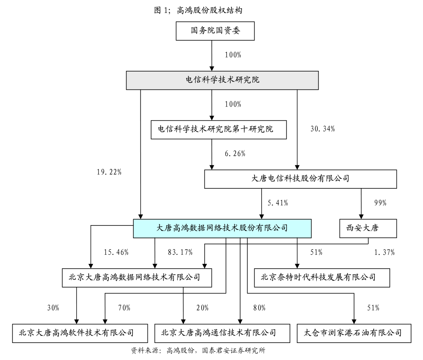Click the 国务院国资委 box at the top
pos(215,31)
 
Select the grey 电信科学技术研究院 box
pos(222,80)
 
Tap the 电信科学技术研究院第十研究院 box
pos(219,129)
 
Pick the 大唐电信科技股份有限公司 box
pos(300,179)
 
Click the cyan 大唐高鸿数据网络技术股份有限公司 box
pos(222,228)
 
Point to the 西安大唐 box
pos(368,228)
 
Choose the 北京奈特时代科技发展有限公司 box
pos(322,278)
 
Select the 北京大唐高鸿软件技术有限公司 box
pos(80,333)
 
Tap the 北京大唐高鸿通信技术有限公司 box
pos(222,333)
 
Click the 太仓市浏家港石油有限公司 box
pos(354,333)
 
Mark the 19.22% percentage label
pos(109,172)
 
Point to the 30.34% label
pos(323,129)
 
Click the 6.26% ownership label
pos(235,153)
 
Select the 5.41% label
pos(278,203)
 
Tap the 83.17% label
pos(180,252)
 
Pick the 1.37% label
pos(384,252)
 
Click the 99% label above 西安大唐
pos(380,203)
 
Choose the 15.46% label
pos(116,252)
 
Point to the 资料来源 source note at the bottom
pos(198,351)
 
